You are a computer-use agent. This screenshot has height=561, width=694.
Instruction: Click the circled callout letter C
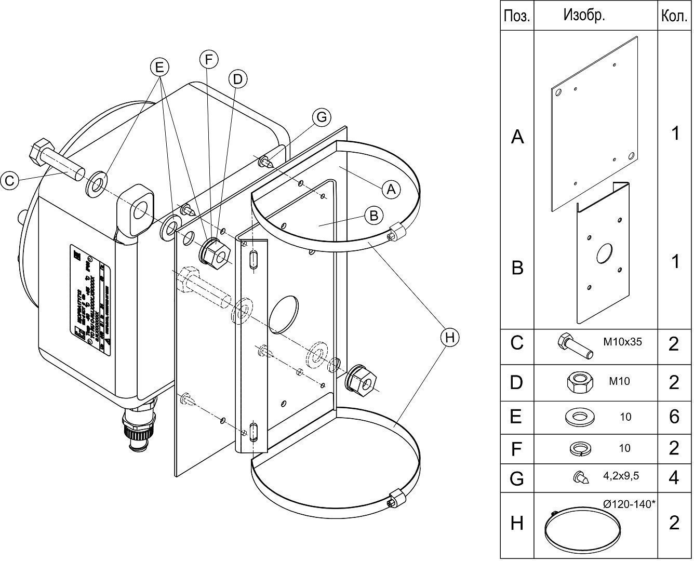point(9,181)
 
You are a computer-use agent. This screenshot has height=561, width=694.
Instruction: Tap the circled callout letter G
point(322,117)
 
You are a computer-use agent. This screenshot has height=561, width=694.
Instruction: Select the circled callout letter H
point(450,338)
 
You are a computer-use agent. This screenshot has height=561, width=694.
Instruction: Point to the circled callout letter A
point(392,189)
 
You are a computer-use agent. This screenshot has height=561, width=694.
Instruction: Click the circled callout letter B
point(374,215)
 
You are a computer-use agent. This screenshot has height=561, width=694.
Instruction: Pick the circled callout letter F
point(209,60)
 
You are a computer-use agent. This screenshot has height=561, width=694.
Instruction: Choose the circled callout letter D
point(237,79)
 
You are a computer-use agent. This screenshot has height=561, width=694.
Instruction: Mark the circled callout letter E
point(159,66)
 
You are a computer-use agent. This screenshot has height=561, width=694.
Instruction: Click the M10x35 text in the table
point(622,342)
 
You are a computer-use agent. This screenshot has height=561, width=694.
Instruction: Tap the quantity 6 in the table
point(674,417)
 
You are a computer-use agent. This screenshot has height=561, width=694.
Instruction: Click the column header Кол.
point(674,16)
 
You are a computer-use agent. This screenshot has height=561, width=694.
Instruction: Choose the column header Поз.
point(517,16)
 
